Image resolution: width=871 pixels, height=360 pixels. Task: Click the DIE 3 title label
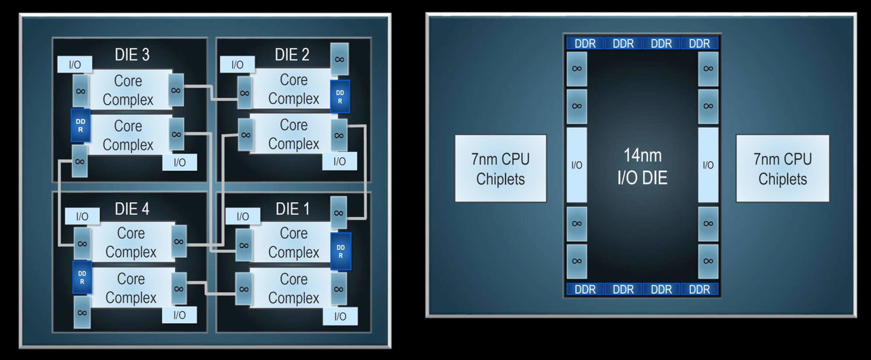[x=132, y=54]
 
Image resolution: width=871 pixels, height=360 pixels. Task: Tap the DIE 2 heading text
[x=292, y=54]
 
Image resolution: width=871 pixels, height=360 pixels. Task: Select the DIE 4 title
[x=132, y=209]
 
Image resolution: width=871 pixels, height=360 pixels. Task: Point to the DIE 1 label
[x=293, y=209]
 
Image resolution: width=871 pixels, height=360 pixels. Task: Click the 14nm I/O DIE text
[x=642, y=167]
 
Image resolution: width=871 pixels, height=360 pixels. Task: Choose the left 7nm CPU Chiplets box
[x=500, y=168]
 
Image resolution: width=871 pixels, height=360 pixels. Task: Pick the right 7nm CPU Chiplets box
[x=783, y=168]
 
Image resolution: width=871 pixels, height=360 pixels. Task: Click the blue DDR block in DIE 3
[x=80, y=125]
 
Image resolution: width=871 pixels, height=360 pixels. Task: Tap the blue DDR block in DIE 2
[x=340, y=97]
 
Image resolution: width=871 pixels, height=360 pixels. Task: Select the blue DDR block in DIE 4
[x=82, y=277]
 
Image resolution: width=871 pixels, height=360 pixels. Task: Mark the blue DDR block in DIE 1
[x=341, y=251]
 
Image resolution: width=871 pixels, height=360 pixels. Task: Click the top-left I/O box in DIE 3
[x=75, y=65]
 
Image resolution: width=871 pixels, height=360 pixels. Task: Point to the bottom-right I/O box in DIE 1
[x=340, y=316]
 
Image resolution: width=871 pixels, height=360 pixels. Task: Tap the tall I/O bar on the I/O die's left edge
[x=576, y=165]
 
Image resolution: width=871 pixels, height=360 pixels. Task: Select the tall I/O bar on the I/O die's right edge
[x=708, y=165]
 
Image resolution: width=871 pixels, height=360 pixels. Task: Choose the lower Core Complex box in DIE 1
[x=293, y=288]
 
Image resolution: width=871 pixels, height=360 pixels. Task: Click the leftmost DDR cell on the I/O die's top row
[x=585, y=43]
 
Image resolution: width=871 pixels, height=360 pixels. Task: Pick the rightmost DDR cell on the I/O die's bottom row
[x=699, y=289]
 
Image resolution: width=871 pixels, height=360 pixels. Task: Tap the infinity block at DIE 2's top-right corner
[x=340, y=59]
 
